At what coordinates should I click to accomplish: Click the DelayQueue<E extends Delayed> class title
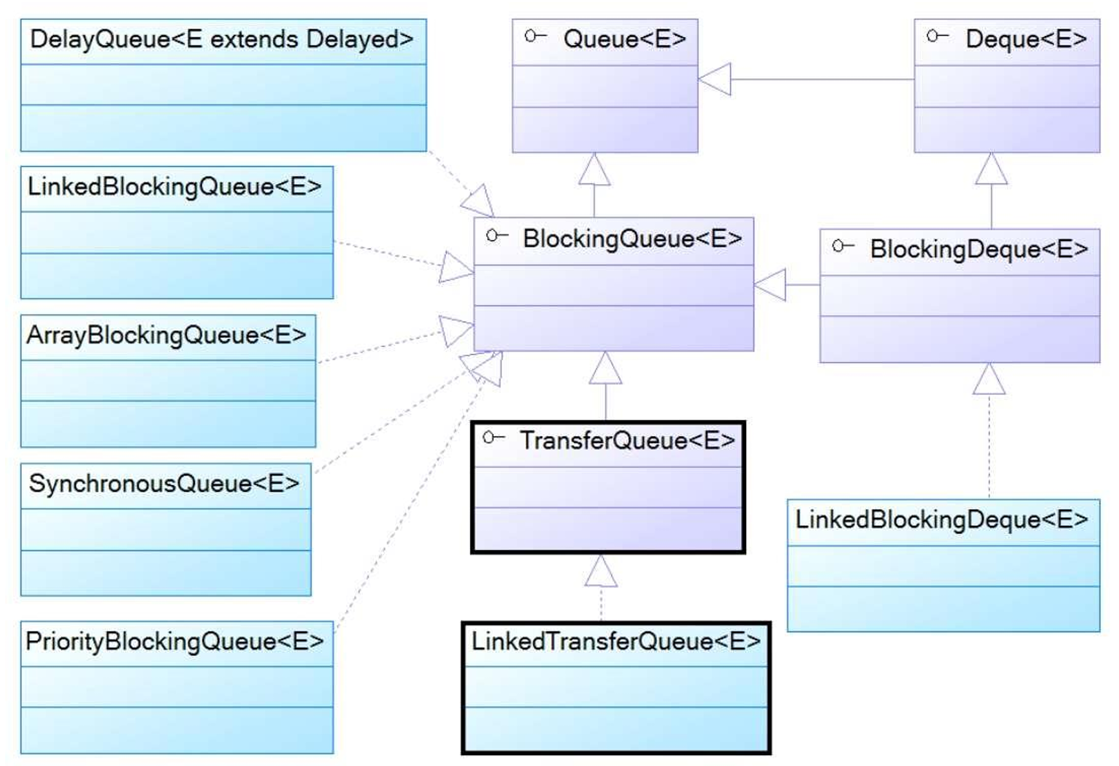[221, 40]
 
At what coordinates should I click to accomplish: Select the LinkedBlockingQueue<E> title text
[174, 187]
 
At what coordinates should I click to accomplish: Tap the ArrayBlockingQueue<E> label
[166, 336]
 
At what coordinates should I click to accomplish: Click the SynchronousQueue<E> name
[164, 484]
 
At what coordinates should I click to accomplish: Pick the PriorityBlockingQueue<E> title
[174, 642]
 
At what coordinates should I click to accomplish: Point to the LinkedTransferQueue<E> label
[616, 642]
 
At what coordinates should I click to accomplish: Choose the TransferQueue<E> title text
[627, 441]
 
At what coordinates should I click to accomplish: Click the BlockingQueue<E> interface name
[632, 239]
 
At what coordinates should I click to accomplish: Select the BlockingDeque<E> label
[978, 249]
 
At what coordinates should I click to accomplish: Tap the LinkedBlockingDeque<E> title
[942, 520]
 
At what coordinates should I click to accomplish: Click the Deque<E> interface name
[1026, 40]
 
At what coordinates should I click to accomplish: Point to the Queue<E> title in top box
[624, 40]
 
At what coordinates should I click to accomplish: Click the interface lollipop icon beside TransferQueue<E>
[493, 438]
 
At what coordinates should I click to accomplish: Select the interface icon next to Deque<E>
[937, 36]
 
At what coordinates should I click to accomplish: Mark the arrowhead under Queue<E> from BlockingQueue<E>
[594, 169]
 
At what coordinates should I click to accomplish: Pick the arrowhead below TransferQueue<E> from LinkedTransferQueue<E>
[601, 572]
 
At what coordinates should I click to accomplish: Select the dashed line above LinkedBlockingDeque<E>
[989, 446]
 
